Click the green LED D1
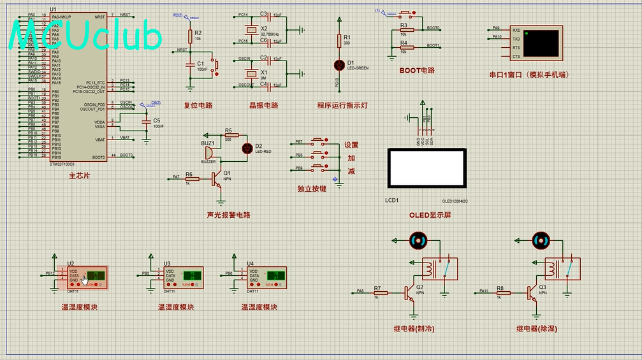point(339,65)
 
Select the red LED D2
point(247,148)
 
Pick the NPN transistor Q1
point(217,179)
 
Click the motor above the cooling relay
point(418,240)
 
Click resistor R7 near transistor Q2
point(377,292)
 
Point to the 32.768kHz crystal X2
point(254,29)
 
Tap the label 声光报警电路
point(228,215)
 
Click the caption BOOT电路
point(417,70)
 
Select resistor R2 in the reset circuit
point(189,35)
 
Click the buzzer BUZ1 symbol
point(208,153)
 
